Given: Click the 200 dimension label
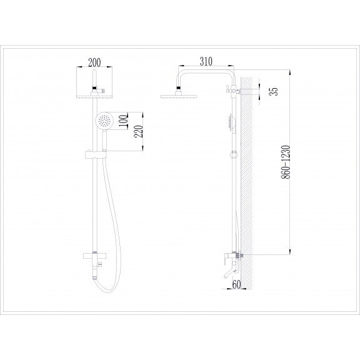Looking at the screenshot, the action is pos(94,62).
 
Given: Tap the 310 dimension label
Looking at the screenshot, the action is pos(206,61).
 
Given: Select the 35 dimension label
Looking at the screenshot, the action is pos(274,91).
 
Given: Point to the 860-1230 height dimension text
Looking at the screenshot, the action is pos(286,162).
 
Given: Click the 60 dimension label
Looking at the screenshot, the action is pos(236,284).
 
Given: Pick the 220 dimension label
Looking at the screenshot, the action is pos(139,131).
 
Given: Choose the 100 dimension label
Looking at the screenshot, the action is pos(124,121).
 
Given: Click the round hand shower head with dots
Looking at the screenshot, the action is pos(104,121).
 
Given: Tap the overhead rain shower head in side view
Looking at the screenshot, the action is pos(179,96).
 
